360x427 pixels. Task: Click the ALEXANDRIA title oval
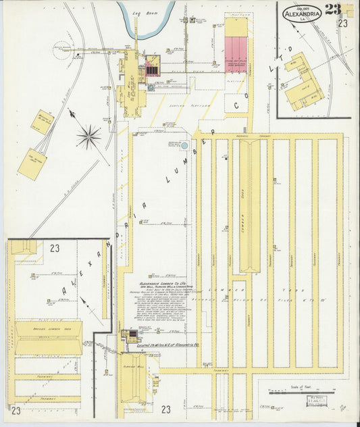tap(302, 14)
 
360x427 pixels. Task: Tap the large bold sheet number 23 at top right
tap(332, 9)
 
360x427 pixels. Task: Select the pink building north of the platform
tap(236, 54)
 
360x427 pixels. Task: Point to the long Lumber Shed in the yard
tap(249, 203)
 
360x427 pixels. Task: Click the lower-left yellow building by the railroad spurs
tap(32, 164)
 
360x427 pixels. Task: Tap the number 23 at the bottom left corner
tap(16, 409)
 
